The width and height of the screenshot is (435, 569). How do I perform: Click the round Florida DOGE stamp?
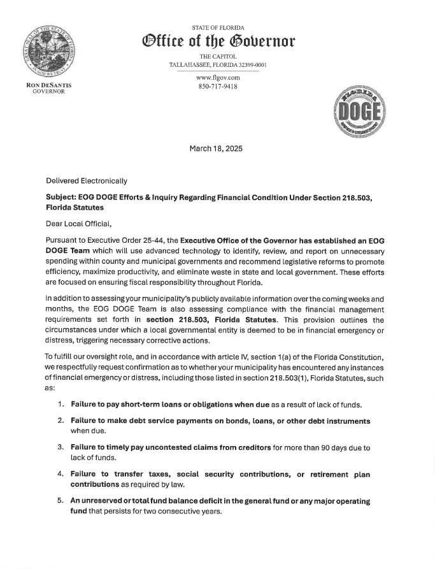[x=359, y=112]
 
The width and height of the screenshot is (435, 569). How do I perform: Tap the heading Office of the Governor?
[x=218, y=41]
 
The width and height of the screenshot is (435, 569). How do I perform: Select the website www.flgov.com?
[x=218, y=78]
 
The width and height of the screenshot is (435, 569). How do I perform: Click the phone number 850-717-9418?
[x=218, y=86]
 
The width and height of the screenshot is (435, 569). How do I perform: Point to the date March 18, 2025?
[x=216, y=148]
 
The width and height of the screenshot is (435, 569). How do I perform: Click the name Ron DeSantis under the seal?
[x=48, y=85]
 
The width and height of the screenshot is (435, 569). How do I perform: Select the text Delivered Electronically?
[x=86, y=181]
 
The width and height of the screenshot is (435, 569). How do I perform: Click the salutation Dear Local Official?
[x=78, y=224]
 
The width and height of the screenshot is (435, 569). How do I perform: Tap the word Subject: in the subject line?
[x=61, y=198]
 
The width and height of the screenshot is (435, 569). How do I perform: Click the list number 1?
[x=61, y=405]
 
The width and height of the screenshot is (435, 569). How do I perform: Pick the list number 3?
[x=61, y=448]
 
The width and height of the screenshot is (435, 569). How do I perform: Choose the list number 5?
[x=61, y=501]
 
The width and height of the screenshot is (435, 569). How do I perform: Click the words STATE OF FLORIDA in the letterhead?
[x=218, y=28]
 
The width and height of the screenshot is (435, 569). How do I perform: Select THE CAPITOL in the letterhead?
[x=218, y=57]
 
